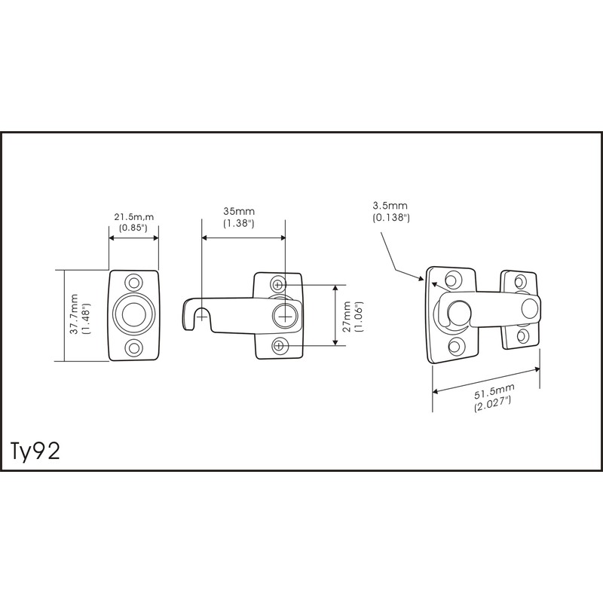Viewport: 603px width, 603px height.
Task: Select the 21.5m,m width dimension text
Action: [133, 217]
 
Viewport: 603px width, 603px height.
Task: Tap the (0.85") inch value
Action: [133, 227]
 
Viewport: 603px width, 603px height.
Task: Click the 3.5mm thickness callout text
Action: [390, 205]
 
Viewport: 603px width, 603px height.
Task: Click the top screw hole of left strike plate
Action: [134, 283]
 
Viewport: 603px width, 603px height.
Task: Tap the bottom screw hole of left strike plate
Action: [134, 348]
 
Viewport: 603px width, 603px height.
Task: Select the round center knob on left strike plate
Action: [134, 316]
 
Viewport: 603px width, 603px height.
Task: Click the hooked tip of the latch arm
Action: [189, 317]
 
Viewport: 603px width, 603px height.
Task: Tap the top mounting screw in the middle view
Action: [279, 285]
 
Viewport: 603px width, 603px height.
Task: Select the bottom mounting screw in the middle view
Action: [279, 345]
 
